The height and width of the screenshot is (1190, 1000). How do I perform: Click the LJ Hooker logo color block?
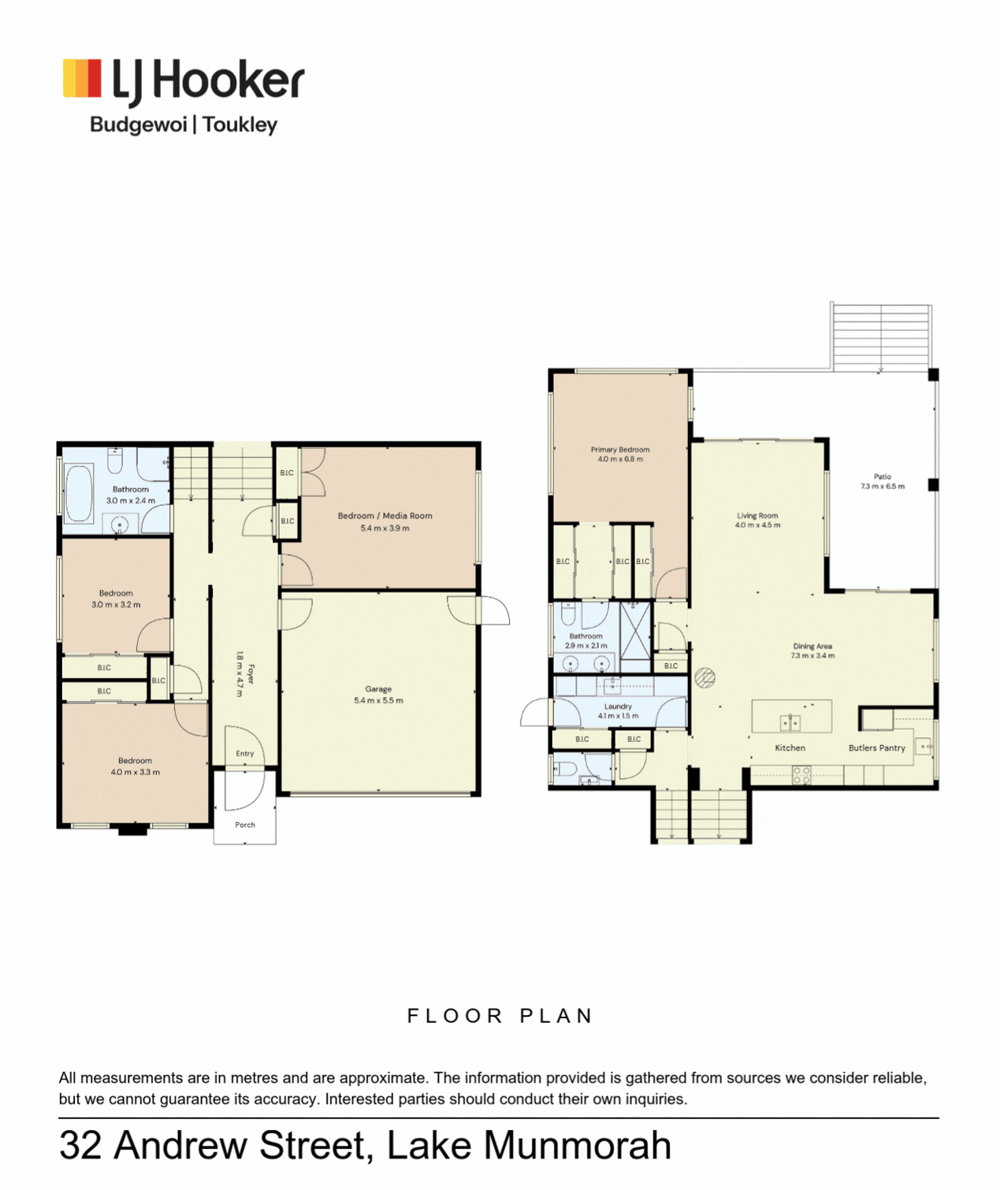coord(82,77)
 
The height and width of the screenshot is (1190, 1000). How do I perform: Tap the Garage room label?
coord(378,689)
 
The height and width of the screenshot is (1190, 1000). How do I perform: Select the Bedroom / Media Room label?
coord(385,516)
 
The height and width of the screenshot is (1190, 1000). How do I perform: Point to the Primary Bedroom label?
coord(620,450)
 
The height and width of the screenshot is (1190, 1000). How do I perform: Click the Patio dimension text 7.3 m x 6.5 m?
coord(883,486)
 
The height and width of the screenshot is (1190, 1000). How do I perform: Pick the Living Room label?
coord(757,516)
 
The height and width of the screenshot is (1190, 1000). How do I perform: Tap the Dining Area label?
coord(812,647)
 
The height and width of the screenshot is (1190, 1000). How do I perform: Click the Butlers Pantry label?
coord(877,747)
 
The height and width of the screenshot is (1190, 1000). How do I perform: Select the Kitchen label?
coord(790,747)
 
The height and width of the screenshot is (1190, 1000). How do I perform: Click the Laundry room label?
coord(618,706)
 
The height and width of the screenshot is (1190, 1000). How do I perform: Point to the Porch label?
coord(245,825)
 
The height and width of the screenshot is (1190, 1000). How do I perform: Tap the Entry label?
coord(245,754)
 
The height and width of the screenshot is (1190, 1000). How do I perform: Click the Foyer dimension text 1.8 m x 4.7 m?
coord(240,674)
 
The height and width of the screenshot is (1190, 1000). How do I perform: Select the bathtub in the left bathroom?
coord(79,493)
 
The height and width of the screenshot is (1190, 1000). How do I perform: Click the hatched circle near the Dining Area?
coord(705,677)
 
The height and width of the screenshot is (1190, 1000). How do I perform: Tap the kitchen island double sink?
coord(790,723)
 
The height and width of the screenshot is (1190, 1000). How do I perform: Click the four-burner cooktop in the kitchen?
coord(801,775)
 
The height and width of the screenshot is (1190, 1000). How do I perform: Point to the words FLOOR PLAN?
coord(500,1016)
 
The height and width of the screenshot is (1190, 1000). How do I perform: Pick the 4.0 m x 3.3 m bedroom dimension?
coord(136,773)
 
